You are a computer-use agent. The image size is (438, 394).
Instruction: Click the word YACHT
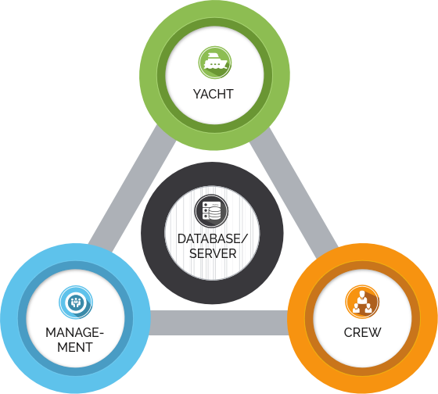[213, 94]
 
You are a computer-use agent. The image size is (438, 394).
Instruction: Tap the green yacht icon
[215, 63]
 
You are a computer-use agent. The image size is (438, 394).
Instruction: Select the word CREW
[362, 332]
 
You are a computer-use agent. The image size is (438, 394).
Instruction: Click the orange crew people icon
[362, 302]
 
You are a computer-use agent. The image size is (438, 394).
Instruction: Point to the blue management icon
[76, 302]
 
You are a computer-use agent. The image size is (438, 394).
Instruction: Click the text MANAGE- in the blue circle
[74, 332]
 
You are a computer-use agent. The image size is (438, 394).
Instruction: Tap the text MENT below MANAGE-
[75, 347]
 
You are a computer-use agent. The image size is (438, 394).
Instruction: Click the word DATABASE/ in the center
[213, 238]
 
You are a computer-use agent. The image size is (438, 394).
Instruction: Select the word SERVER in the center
[213, 253]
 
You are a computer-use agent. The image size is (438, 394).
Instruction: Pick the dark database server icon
[211, 211]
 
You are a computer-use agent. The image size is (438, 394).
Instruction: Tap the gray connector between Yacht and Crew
[294, 192]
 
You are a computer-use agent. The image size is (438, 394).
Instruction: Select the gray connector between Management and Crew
[219, 323]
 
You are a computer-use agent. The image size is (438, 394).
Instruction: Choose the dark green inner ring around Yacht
[161, 75]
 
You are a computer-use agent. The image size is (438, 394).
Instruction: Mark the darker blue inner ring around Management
[22, 318]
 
